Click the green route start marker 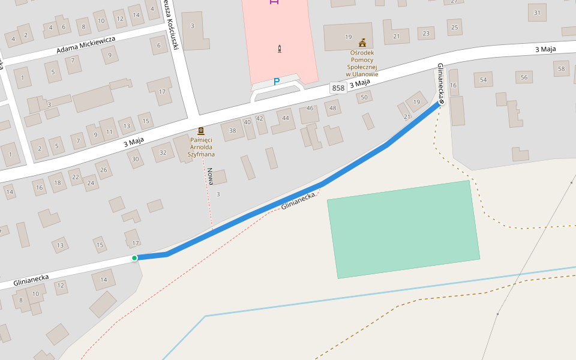click(134, 258)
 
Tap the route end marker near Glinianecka click(442, 102)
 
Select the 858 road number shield click(338, 88)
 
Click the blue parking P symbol click(277, 82)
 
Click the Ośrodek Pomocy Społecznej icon click(362, 43)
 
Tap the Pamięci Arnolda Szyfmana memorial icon click(201, 130)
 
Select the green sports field click(403, 229)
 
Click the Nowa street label click(211, 175)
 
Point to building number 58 click(562, 69)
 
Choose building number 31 click(537, 13)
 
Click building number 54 click(483, 79)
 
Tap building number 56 click(524, 77)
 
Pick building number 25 click(455, 27)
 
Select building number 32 click(163, 152)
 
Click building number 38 click(233, 131)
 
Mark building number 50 click(364, 97)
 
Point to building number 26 click(104, 170)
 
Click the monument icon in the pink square click(280, 49)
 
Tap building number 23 click(426, 34)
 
